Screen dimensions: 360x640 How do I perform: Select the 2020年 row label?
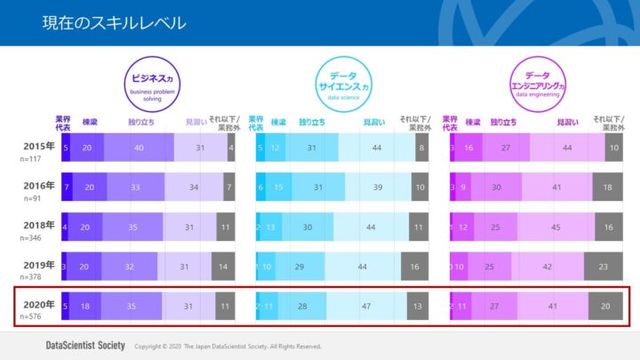(x=39, y=304)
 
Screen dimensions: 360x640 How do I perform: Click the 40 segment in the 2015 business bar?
(x=139, y=148)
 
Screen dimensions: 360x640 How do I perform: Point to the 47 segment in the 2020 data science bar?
(x=366, y=306)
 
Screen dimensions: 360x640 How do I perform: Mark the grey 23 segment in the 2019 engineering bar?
(x=603, y=267)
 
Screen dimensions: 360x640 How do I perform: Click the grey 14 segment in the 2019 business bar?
(x=223, y=267)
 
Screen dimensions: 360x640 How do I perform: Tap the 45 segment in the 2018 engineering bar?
(x=556, y=228)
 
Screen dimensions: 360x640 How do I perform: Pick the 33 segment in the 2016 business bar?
(x=135, y=188)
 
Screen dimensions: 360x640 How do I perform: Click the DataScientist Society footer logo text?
(x=84, y=346)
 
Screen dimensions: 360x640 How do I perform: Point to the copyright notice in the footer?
(x=227, y=347)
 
